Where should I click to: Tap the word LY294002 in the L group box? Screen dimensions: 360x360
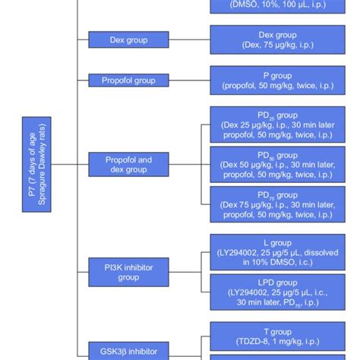[x=244, y=251]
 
